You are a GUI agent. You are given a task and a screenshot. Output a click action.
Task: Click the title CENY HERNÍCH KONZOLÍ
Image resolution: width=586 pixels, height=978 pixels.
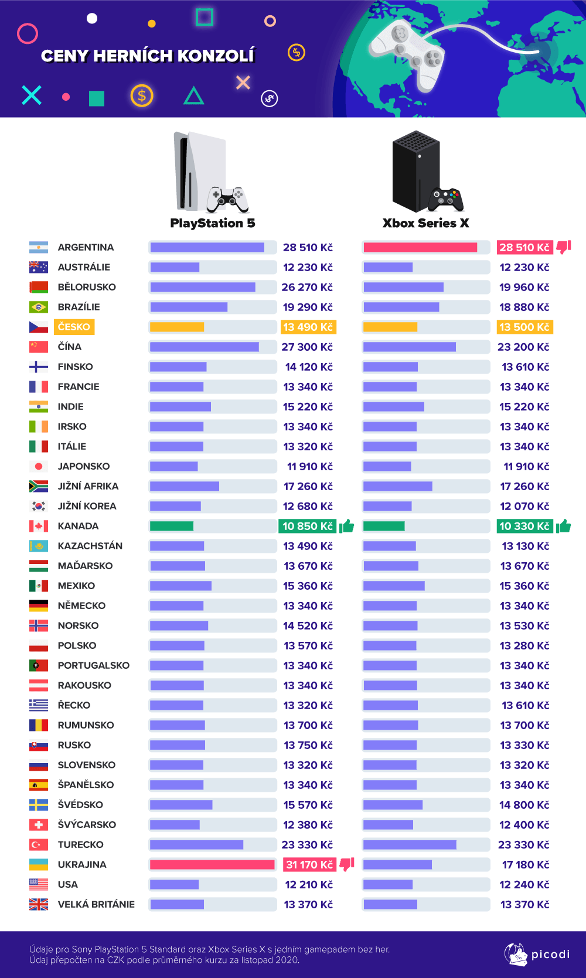[x=148, y=56]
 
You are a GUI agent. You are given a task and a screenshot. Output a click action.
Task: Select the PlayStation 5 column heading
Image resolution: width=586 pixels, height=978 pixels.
[x=212, y=223]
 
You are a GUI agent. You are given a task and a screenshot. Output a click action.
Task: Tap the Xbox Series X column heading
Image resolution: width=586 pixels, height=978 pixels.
[x=425, y=223]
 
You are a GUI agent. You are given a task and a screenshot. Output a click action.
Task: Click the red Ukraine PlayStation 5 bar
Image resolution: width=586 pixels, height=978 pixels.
[x=212, y=864]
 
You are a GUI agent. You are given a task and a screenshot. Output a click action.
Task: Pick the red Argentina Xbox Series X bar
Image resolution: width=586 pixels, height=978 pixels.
[x=420, y=247]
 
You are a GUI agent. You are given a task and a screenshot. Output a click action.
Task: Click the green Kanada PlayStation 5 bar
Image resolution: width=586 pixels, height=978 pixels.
[x=172, y=526]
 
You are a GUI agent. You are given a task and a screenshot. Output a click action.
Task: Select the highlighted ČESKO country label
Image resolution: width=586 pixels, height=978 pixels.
[x=74, y=327]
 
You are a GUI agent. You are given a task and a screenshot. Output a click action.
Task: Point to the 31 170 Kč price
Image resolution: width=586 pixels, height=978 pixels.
[x=309, y=864]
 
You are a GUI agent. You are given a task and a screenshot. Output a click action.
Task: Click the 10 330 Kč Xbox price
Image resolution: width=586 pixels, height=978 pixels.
[x=524, y=526]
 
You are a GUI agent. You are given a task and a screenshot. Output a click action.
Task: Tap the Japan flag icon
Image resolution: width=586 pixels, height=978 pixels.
[x=39, y=466]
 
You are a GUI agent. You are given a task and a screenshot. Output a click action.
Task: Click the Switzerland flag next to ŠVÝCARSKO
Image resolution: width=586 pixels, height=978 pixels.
[x=39, y=825]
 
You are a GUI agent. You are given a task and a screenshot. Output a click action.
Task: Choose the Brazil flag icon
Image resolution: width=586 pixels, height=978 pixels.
[x=39, y=307]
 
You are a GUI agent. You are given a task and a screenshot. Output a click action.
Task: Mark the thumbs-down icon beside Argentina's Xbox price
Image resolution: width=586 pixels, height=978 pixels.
[x=564, y=247]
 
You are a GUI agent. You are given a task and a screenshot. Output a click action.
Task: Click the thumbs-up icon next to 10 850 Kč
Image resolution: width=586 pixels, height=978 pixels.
[x=347, y=526]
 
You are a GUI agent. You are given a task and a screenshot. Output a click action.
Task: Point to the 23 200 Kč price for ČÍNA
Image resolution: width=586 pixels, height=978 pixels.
[x=523, y=347]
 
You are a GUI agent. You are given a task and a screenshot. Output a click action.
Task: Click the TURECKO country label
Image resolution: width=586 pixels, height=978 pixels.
[x=80, y=844]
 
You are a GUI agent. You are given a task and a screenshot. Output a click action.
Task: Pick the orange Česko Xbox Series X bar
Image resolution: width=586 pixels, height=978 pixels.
[x=390, y=327]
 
